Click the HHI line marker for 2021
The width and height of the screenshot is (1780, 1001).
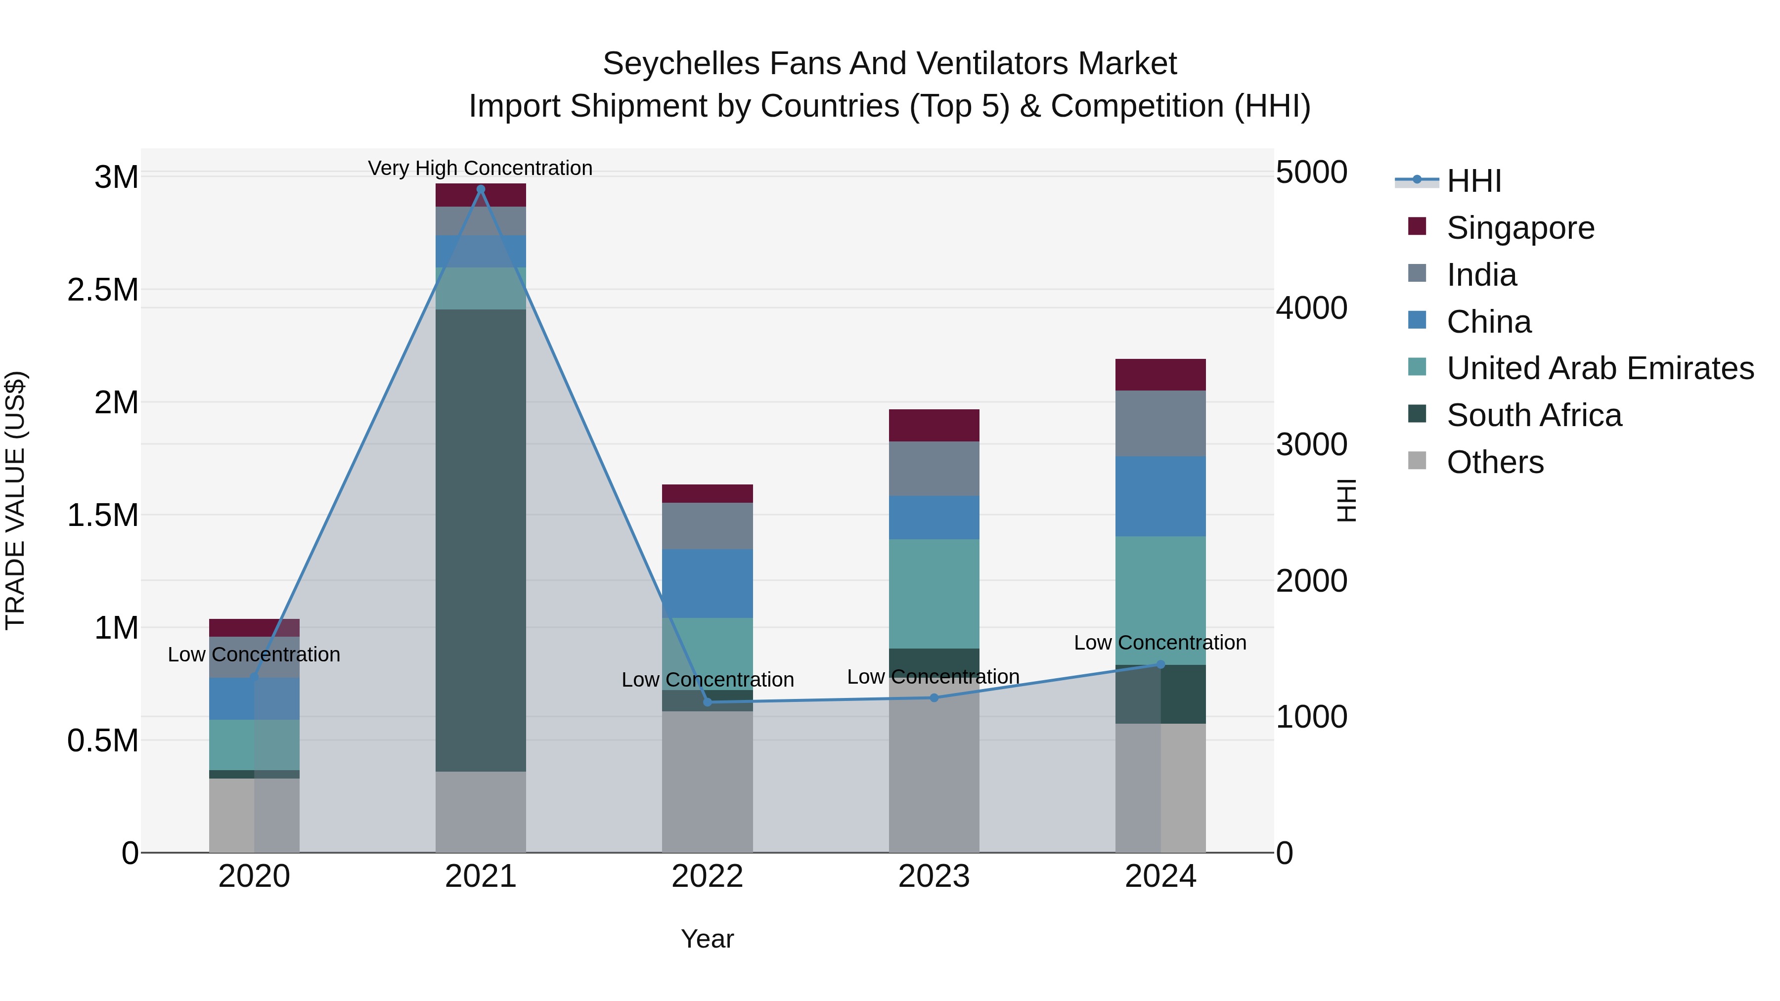(481, 189)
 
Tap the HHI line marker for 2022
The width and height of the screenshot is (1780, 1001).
(708, 702)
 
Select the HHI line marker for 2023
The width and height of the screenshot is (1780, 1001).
(934, 697)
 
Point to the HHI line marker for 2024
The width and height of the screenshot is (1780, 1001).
(1161, 664)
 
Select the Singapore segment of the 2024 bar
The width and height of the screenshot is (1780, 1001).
(1161, 374)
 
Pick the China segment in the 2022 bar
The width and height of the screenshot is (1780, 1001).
(708, 584)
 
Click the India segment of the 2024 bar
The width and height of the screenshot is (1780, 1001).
(1161, 424)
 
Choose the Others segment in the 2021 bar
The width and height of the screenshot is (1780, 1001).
(481, 812)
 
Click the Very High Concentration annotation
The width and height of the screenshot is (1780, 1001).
(480, 168)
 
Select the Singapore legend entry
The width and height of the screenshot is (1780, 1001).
(1520, 228)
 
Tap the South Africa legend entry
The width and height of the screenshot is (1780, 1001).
(1534, 415)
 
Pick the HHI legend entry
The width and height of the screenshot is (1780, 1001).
(1473, 181)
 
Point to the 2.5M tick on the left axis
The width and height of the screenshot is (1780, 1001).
(103, 290)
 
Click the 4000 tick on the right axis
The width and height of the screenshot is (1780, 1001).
(1311, 308)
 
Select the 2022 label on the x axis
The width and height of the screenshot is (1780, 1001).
(708, 876)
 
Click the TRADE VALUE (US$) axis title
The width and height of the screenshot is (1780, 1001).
(15, 500)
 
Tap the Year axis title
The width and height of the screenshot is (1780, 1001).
(708, 939)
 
